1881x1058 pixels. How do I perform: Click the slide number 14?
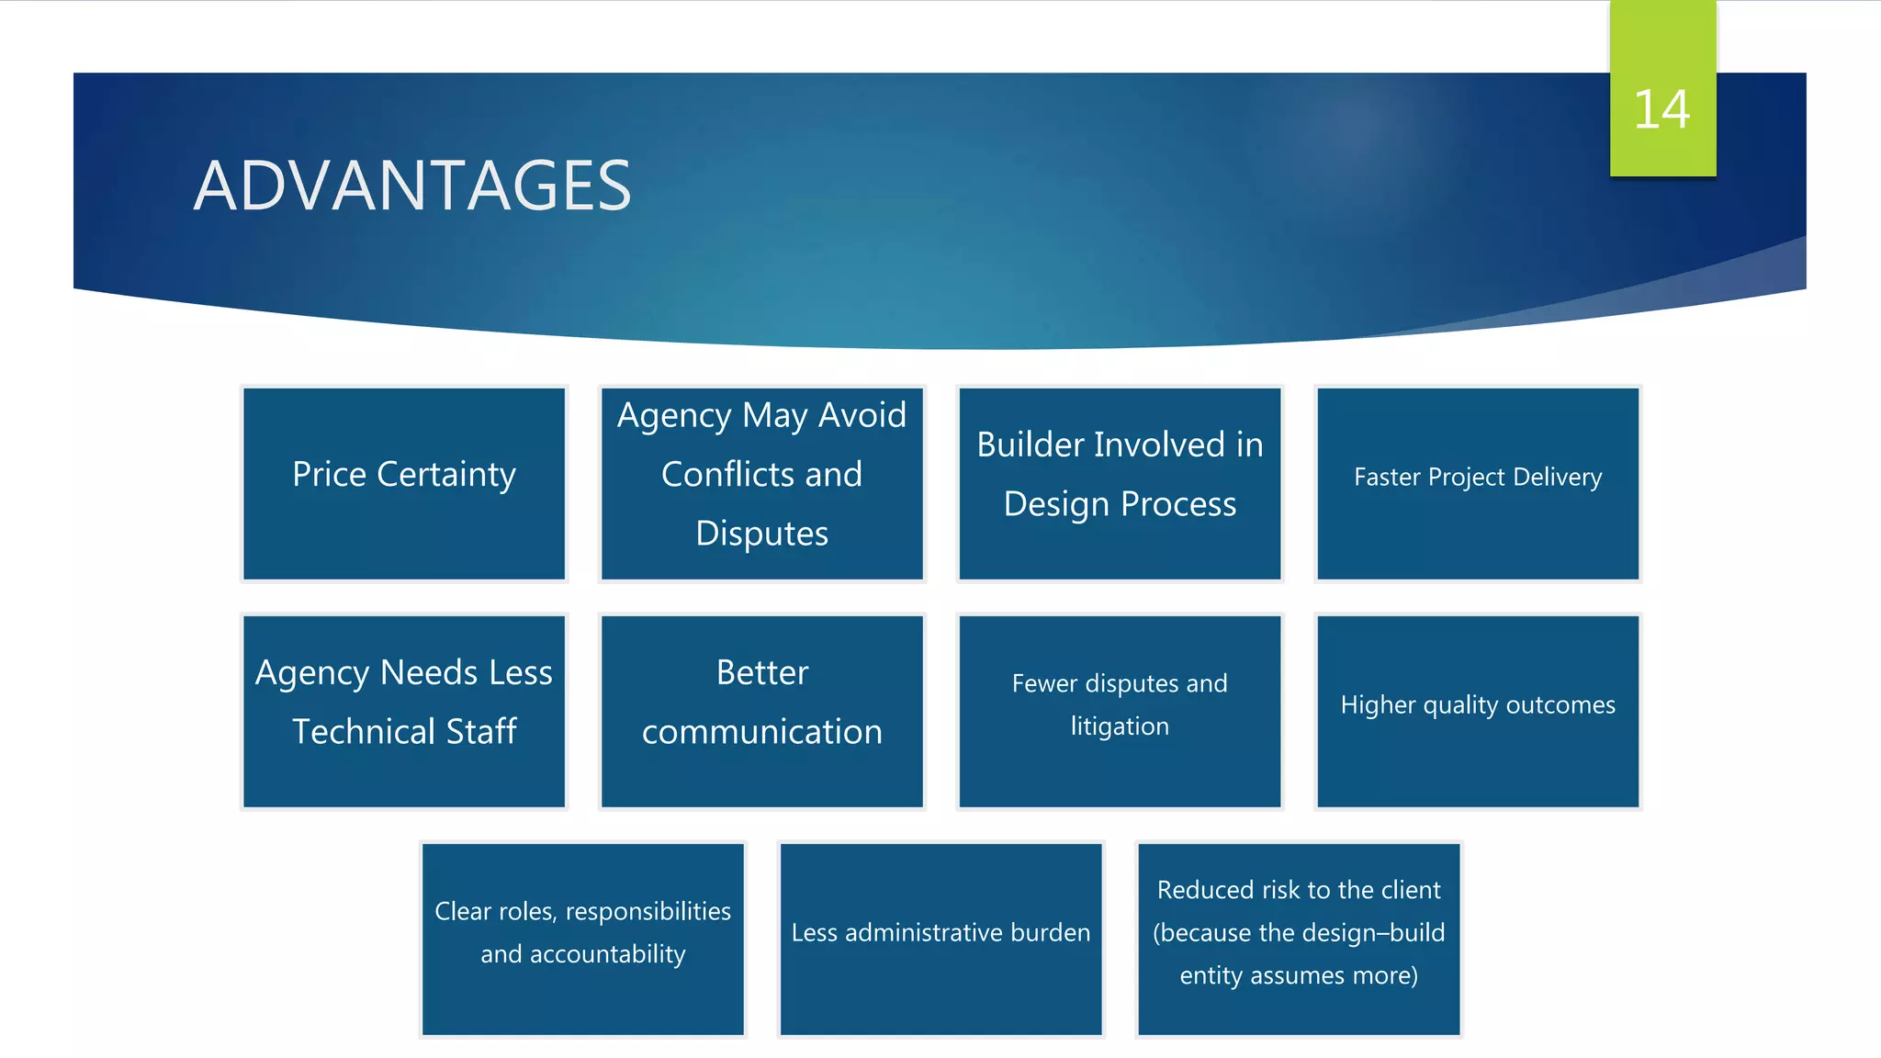point(1661,110)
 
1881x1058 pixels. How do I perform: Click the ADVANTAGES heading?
point(412,186)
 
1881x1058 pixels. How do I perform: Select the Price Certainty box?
point(404,483)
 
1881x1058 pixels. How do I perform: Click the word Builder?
point(1031,445)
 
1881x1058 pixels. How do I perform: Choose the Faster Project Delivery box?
point(1478,483)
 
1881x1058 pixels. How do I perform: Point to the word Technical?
point(364,732)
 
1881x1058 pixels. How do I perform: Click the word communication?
point(761,732)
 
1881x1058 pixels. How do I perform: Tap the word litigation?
point(1120,726)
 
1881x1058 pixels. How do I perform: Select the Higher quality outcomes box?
point(1478,710)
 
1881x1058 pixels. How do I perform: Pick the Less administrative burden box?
point(940,938)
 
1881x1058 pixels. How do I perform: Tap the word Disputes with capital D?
point(761,534)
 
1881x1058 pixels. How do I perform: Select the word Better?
point(762,672)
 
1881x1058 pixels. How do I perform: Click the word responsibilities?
point(648,911)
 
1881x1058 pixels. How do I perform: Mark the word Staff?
point(481,732)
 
